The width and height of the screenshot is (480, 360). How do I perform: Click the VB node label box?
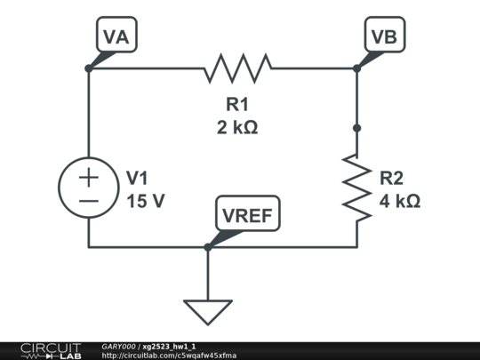(385, 36)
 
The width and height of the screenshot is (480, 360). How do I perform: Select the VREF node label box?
(248, 214)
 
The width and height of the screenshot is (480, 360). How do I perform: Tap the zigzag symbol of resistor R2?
(356, 187)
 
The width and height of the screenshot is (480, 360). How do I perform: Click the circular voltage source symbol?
(89, 188)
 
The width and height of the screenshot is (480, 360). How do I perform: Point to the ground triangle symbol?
(208, 311)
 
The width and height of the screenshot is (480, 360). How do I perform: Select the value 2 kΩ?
(237, 127)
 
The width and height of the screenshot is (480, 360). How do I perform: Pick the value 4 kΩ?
(399, 202)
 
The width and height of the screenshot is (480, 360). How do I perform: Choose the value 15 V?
(145, 201)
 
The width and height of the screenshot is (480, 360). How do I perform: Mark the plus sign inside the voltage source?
(89, 177)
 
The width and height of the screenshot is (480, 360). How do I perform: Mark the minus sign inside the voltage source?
(89, 201)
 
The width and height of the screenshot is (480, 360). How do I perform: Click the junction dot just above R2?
(356, 128)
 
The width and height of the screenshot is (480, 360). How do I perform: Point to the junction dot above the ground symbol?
(208, 246)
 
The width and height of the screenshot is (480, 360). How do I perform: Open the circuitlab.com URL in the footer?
(169, 356)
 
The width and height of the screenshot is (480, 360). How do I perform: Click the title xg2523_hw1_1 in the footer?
(170, 346)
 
